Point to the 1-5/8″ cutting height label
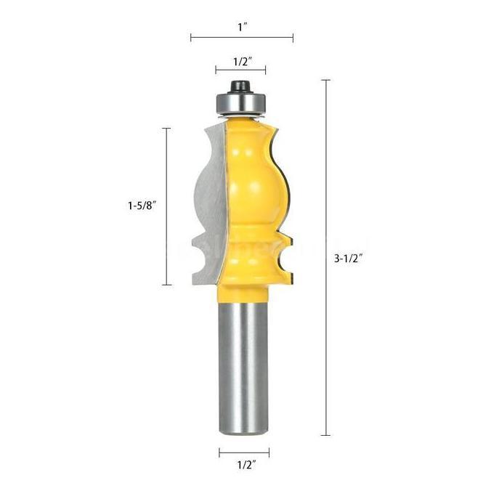tap(139, 206)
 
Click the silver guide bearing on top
tap(240, 104)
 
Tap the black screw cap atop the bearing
tap(240, 86)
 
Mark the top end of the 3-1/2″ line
tap(325, 80)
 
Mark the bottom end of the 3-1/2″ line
tap(325, 435)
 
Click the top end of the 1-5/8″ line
tap(166, 129)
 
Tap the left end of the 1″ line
tap(191, 37)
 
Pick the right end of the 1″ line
tap(293, 37)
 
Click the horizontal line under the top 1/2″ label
tap(240, 70)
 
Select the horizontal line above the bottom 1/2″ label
tap(243, 453)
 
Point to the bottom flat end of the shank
tap(243, 433)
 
